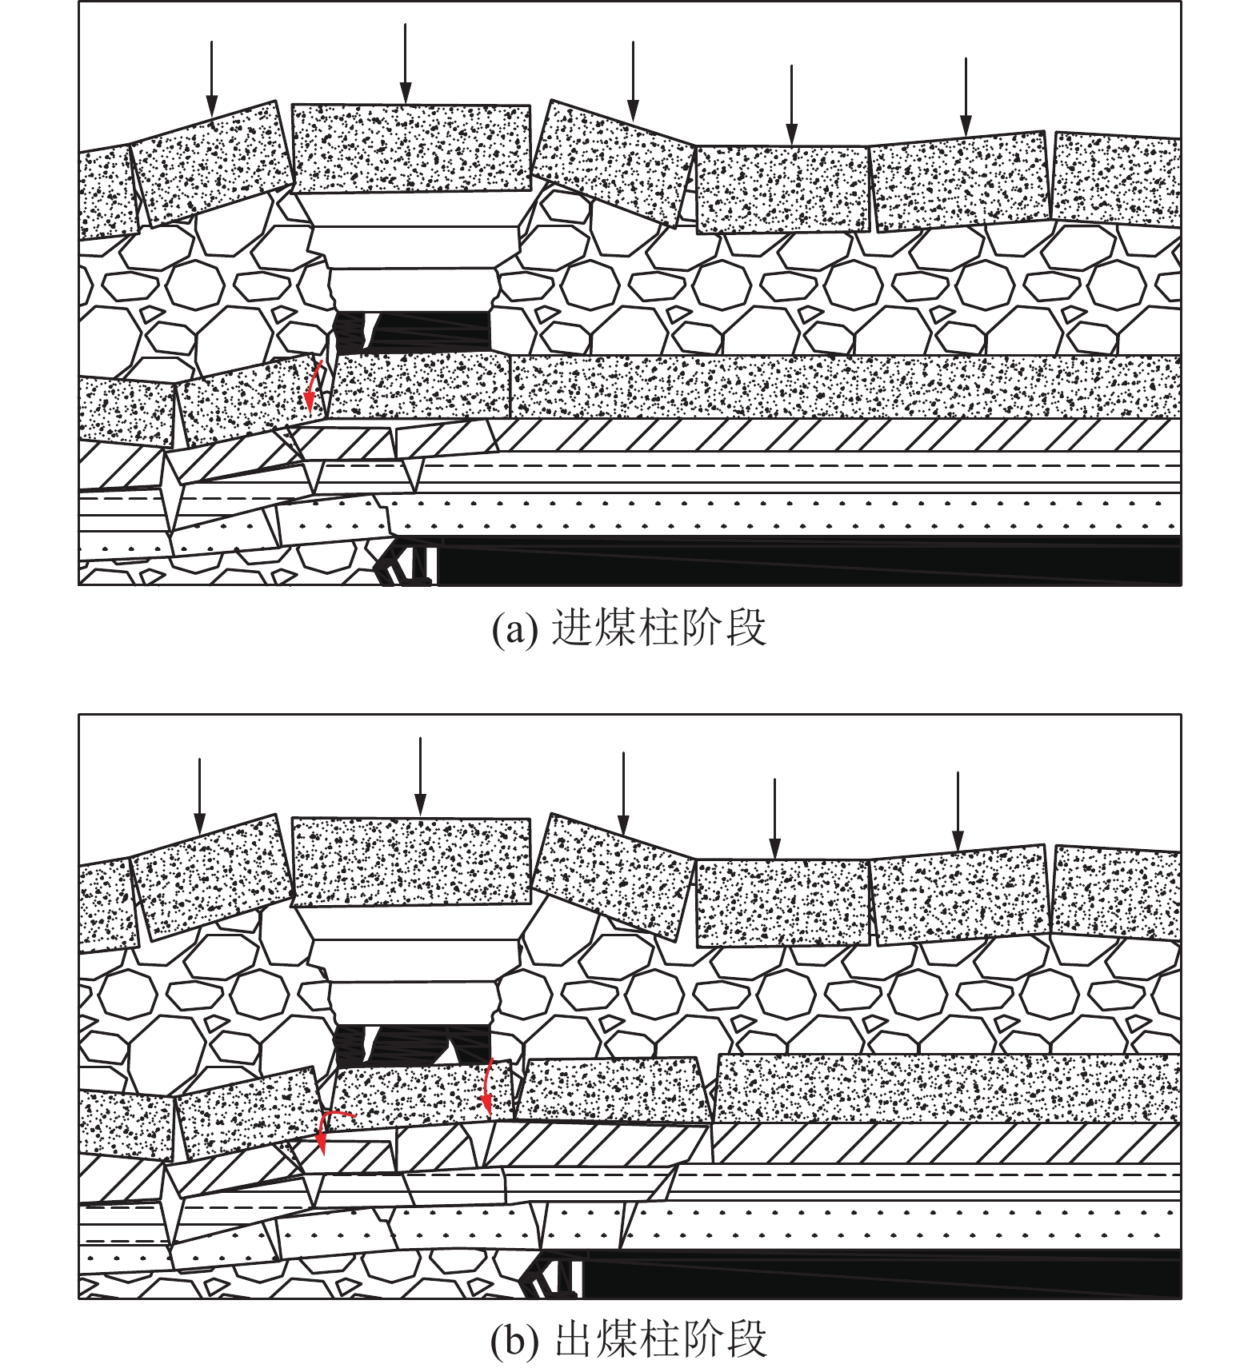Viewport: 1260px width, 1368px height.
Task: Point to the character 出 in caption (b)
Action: coord(573,1338)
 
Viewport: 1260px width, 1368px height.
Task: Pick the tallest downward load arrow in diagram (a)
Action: coord(406,64)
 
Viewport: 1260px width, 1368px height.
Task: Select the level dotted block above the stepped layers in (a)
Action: coord(411,149)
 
